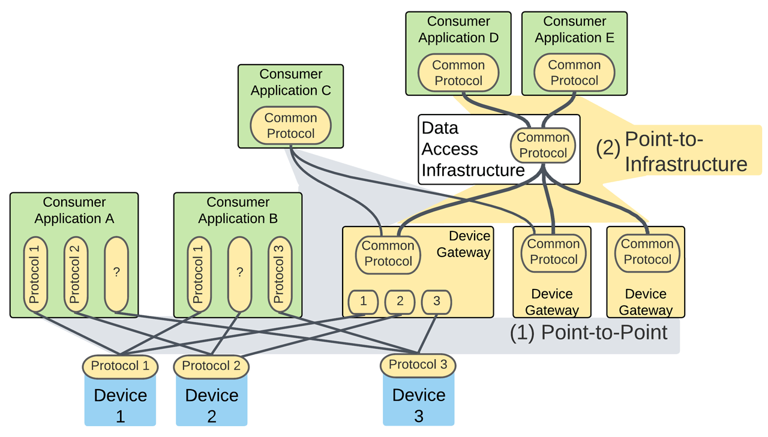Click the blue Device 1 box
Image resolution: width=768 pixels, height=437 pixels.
(120, 402)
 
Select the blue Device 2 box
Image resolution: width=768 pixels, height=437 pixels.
(211, 402)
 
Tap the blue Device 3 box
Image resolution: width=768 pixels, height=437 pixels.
(418, 402)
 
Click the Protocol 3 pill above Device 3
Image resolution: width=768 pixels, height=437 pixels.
(418, 365)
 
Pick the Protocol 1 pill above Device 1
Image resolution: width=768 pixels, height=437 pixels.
(120, 366)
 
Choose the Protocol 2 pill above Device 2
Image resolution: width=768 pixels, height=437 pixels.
(211, 366)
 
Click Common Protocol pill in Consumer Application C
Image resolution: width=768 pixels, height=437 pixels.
(290, 126)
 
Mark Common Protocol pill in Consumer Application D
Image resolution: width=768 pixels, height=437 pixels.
(458, 73)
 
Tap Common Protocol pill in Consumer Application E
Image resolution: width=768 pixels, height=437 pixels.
(574, 73)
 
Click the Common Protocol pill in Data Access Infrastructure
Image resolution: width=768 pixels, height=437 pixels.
(543, 146)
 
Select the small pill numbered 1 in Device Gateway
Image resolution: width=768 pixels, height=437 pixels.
(364, 302)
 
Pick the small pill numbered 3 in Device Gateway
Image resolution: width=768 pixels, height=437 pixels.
(437, 302)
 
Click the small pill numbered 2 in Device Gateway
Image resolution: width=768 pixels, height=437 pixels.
(400, 302)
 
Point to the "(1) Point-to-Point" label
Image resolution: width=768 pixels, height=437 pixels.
(588, 332)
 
